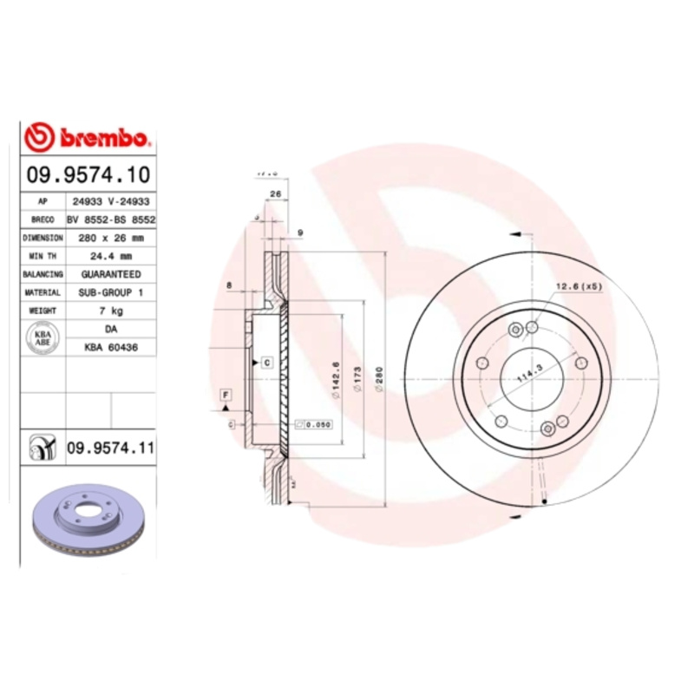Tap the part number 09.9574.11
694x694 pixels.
(x=110, y=448)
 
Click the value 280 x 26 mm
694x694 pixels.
(x=111, y=237)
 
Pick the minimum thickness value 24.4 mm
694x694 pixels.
(x=111, y=256)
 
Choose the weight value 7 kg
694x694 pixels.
(x=111, y=311)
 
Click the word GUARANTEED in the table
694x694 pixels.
(x=111, y=274)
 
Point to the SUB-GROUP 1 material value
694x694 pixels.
(x=111, y=292)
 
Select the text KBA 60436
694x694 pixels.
(x=111, y=347)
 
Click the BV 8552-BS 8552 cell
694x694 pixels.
(x=111, y=219)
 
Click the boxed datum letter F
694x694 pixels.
(x=226, y=396)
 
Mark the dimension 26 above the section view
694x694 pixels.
(x=275, y=193)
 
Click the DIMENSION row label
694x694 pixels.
(x=43, y=237)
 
